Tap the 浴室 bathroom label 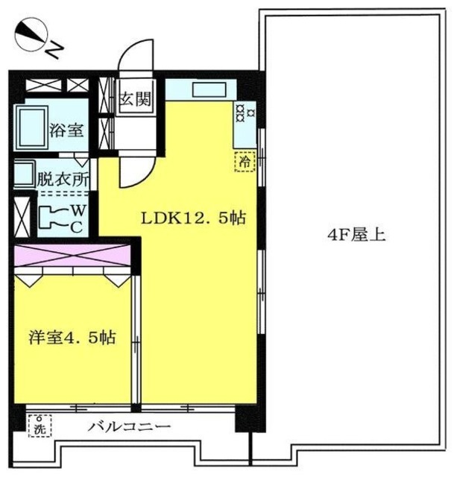coord(66,130)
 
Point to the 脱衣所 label coord(63,179)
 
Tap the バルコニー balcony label coord(130,428)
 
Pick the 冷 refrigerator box coord(244,160)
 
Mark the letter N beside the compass coord(57,50)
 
